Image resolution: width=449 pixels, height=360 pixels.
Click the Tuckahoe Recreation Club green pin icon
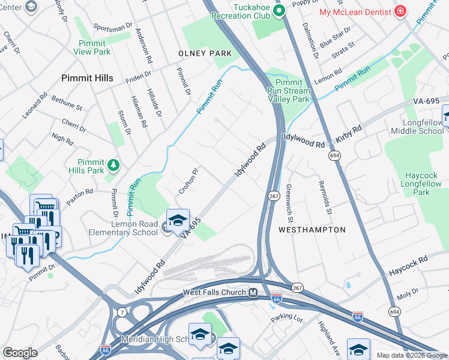pyautogui.click(x=279, y=10)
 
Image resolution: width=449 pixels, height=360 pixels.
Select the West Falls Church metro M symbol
pyautogui.click(x=253, y=293)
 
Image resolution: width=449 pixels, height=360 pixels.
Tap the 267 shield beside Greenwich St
pyautogui.click(x=273, y=196)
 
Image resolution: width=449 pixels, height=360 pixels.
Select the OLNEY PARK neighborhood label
pyautogui.click(x=205, y=53)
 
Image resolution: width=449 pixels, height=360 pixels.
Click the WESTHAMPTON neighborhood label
pyautogui.click(x=312, y=230)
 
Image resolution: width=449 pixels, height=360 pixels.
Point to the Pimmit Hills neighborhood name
pyautogui.click(x=88, y=78)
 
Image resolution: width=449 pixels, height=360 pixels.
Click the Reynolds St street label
pyautogui.click(x=324, y=197)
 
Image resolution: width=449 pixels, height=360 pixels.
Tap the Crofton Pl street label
pyautogui.click(x=187, y=181)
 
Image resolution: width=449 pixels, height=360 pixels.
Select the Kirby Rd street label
pyautogui.click(x=349, y=134)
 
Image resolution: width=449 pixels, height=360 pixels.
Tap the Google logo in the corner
pyautogui.click(x=20, y=353)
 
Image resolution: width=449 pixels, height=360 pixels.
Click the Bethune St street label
pyautogui.click(x=67, y=102)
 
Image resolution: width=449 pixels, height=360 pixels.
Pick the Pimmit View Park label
pyautogui.click(x=92, y=47)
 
